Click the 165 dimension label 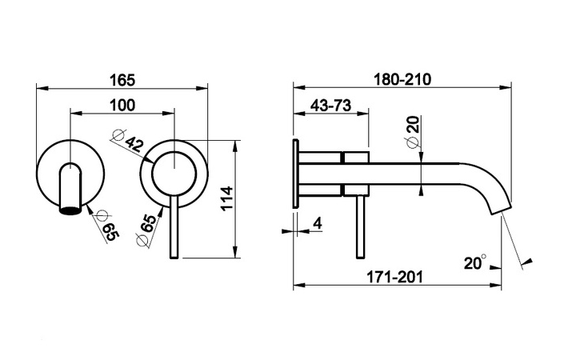[x=122, y=80]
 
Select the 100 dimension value [x=122, y=106]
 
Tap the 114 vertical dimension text [x=226, y=199]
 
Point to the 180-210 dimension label [x=402, y=79]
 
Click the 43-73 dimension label [x=330, y=106]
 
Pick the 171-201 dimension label [x=394, y=277]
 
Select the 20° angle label [x=474, y=262]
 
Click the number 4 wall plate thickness [x=318, y=223]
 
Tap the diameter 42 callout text [x=134, y=144]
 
